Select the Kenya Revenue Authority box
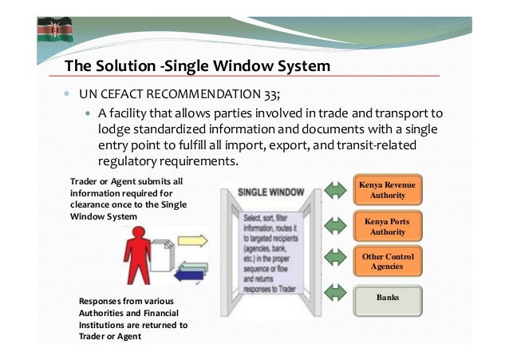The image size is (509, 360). click(x=386, y=190)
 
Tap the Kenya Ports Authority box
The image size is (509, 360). click(x=386, y=227)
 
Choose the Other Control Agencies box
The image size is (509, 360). click(x=386, y=262)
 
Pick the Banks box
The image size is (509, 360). click(x=386, y=299)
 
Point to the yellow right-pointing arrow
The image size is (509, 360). click(x=191, y=240)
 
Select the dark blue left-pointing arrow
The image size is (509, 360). click(x=191, y=275)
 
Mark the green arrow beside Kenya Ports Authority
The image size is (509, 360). click(x=332, y=227)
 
